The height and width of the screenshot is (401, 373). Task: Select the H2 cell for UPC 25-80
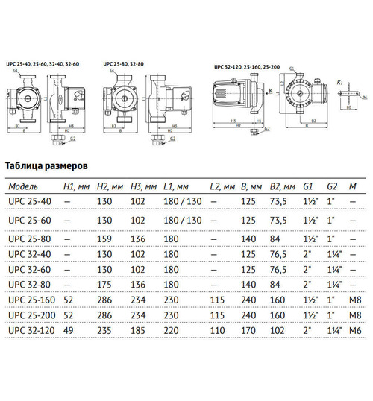tap(106, 239)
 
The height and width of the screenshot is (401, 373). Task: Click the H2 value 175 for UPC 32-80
tap(106, 285)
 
